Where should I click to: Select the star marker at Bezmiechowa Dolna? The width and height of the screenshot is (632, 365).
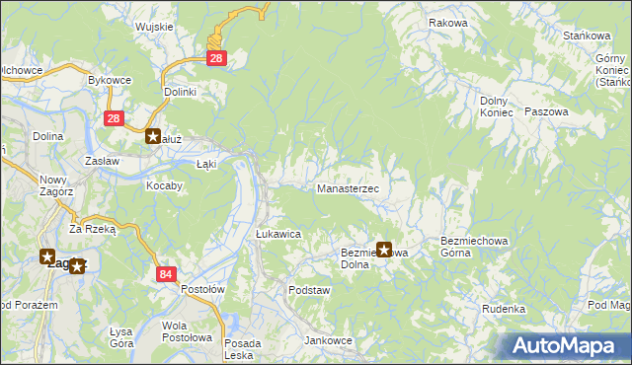click(384, 251)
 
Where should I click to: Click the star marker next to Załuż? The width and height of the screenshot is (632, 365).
click(153, 137)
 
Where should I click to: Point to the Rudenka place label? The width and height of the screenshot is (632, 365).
click(504, 309)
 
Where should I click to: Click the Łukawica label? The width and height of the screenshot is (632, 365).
click(277, 234)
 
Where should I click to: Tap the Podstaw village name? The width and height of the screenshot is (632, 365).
click(308, 291)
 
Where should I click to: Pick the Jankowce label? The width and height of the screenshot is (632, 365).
click(329, 340)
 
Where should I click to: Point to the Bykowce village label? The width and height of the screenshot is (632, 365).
click(111, 79)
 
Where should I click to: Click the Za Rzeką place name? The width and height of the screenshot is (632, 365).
click(93, 228)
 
